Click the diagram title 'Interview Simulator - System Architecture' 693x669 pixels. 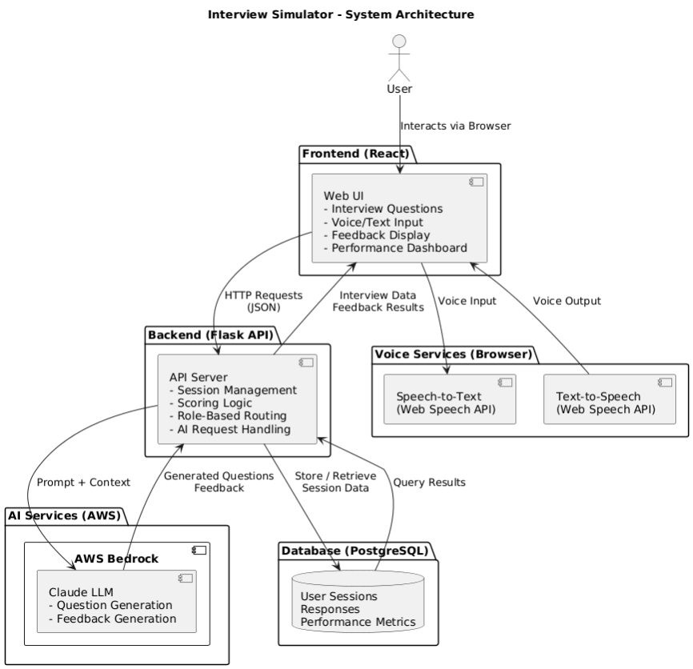(x=341, y=14)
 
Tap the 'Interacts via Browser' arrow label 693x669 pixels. (x=455, y=126)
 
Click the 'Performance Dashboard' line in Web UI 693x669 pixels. (x=395, y=248)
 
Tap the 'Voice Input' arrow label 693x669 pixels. (x=467, y=301)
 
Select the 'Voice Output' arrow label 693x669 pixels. (x=567, y=301)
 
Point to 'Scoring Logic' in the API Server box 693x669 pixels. (x=212, y=403)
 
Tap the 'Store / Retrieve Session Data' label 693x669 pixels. (x=335, y=482)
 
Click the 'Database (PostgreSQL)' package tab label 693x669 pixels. (x=355, y=551)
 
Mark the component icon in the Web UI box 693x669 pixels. (x=476, y=182)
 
